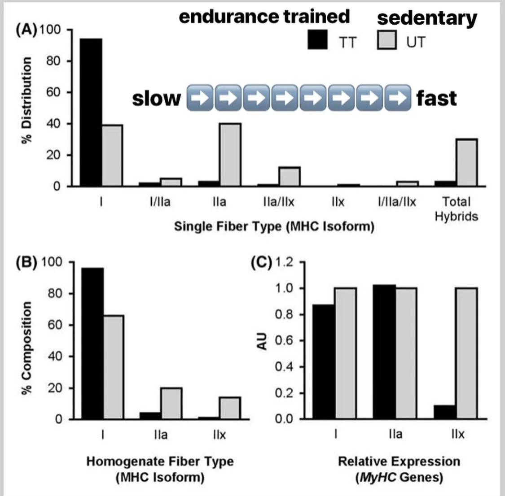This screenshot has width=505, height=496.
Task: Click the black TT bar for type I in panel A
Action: [91, 112]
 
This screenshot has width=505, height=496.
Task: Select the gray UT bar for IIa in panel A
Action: [230, 155]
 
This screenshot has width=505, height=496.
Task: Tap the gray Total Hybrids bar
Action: [467, 162]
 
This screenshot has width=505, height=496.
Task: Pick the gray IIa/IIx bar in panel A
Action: [289, 177]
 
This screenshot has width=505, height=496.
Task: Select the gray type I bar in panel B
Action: [114, 367]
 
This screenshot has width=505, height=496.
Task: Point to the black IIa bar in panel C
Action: [384, 352]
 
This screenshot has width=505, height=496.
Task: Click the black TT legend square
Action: [318, 40]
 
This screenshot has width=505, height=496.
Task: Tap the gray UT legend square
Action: [386, 40]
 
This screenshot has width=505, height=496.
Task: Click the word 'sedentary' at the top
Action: [427, 18]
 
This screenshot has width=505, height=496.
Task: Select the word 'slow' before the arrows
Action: [156, 98]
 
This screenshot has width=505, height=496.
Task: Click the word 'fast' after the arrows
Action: [436, 98]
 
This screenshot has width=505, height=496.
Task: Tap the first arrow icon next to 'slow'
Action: [199, 97]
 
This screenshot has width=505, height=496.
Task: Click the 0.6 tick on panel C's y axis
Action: [284, 340]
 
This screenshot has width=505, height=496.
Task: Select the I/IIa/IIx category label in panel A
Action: [396, 202]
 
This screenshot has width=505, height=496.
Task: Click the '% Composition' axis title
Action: [27, 348]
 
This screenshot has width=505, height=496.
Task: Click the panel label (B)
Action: [26, 262]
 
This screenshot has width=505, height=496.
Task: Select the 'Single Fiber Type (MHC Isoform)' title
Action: [274, 226]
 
